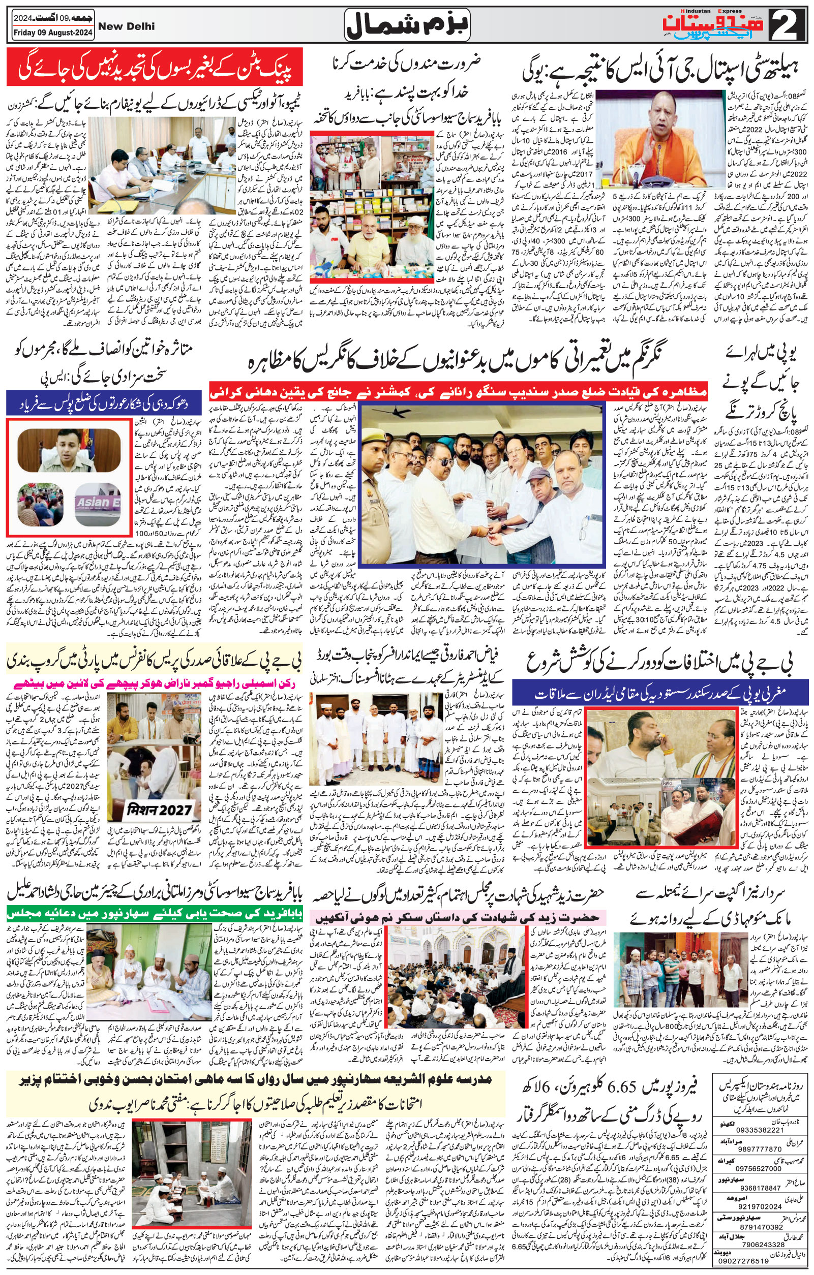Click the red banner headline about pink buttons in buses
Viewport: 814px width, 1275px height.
[x=155, y=67]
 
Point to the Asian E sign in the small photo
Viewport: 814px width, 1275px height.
[x=98, y=501]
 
